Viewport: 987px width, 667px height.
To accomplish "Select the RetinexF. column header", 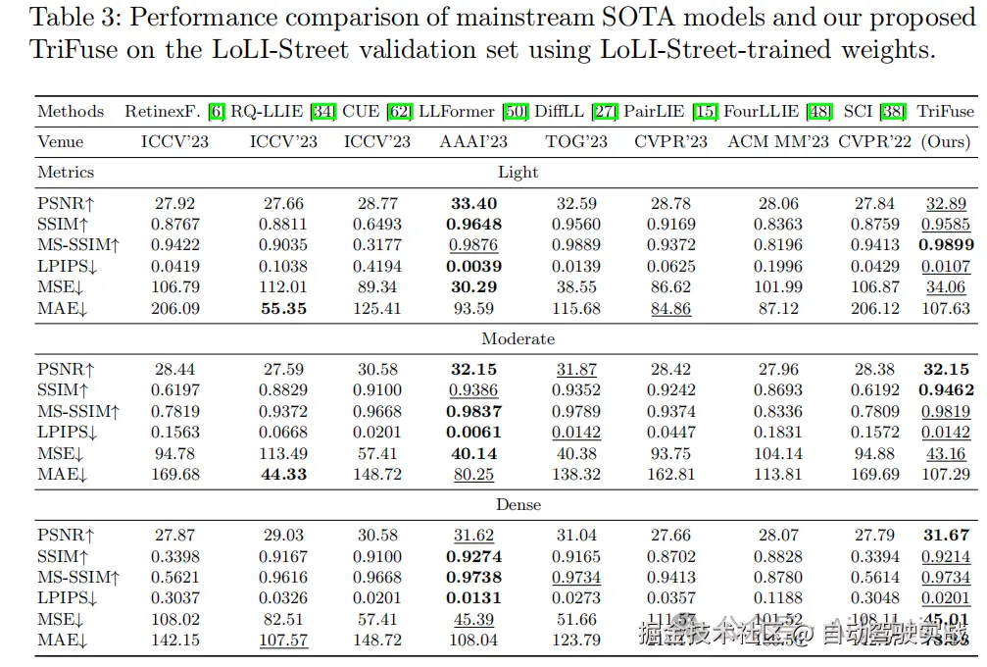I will [x=162, y=112].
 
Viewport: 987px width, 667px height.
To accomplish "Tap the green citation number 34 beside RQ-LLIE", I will [x=322, y=112].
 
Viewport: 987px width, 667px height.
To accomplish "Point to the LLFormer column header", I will [x=457, y=112].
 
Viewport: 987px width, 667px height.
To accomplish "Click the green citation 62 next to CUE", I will [x=400, y=112].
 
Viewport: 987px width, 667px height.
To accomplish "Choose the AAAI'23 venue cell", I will [x=473, y=142].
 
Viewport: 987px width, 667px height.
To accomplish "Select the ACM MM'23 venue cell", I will [x=778, y=142].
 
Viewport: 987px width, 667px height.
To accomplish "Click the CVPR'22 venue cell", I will [x=874, y=142].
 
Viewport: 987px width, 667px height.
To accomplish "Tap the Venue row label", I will [x=61, y=142].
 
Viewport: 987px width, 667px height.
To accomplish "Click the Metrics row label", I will [x=66, y=173].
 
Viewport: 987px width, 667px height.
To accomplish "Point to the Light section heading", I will [x=518, y=173].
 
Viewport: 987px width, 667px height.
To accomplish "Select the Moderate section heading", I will [x=518, y=339].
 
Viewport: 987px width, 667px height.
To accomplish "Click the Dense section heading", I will [x=518, y=505].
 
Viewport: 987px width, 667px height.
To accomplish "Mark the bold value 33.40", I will [x=473, y=204].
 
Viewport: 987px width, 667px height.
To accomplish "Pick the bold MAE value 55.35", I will [x=283, y=309].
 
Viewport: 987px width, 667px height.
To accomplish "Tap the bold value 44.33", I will [x=283, y=475].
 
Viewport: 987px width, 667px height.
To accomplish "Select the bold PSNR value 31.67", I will [x=946, y=536].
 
